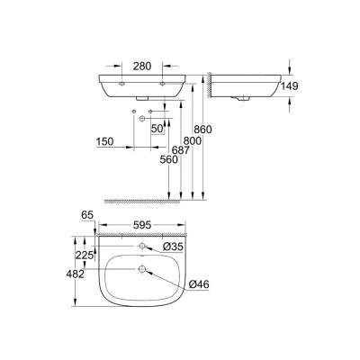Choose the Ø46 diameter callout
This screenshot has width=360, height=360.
[199, 285]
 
